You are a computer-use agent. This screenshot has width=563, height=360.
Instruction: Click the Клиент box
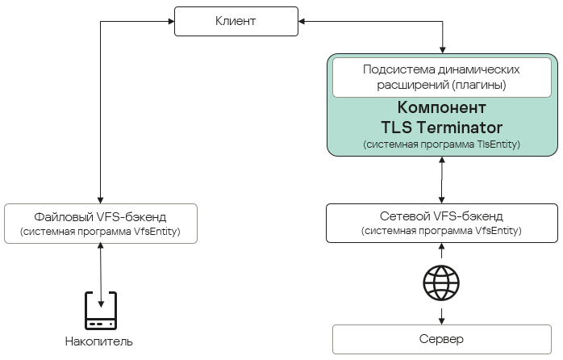click(x=236, y=21)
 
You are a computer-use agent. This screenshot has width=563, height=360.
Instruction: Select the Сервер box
click(x=441, y=338)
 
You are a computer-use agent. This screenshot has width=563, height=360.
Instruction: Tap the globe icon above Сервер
click(x=441, y=283)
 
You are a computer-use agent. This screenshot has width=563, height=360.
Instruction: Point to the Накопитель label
click(x=99, y=341)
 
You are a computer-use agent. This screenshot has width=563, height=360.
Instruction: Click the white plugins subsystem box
click(x=441, y=77)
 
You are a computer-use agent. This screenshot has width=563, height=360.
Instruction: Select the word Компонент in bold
click(x=441, y=108)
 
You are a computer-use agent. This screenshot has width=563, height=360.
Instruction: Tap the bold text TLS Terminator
click(x=441, y=128)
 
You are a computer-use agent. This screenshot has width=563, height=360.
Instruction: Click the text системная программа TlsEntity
click(x=441, y=144)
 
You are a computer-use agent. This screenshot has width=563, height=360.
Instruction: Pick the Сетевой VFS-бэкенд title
click(x=441, y=216)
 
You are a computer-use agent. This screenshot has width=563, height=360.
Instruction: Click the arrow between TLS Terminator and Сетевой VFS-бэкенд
click(x=441, y=180)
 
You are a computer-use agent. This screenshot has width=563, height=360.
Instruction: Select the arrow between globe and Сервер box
click(x=441, y=313)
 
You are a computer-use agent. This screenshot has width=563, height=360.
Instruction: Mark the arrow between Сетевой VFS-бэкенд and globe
click(x=441, y=253)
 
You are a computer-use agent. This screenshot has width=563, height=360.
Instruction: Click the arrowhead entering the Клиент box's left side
click(x=171, y=21)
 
